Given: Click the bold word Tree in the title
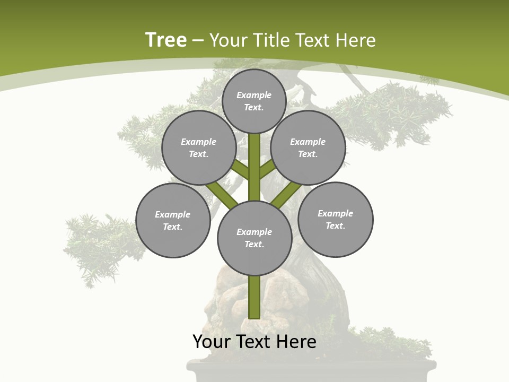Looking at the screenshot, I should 166,40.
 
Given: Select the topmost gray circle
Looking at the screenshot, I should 254,101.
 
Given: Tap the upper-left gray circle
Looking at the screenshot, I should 198,147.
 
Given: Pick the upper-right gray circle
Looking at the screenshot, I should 308,147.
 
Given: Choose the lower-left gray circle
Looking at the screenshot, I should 172,220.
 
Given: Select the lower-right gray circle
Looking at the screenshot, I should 335,219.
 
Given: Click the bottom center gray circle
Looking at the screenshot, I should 254,238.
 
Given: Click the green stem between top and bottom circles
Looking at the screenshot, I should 254,167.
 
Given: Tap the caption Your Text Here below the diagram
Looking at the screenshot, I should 254,342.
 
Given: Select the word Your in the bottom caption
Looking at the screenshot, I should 211,342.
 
